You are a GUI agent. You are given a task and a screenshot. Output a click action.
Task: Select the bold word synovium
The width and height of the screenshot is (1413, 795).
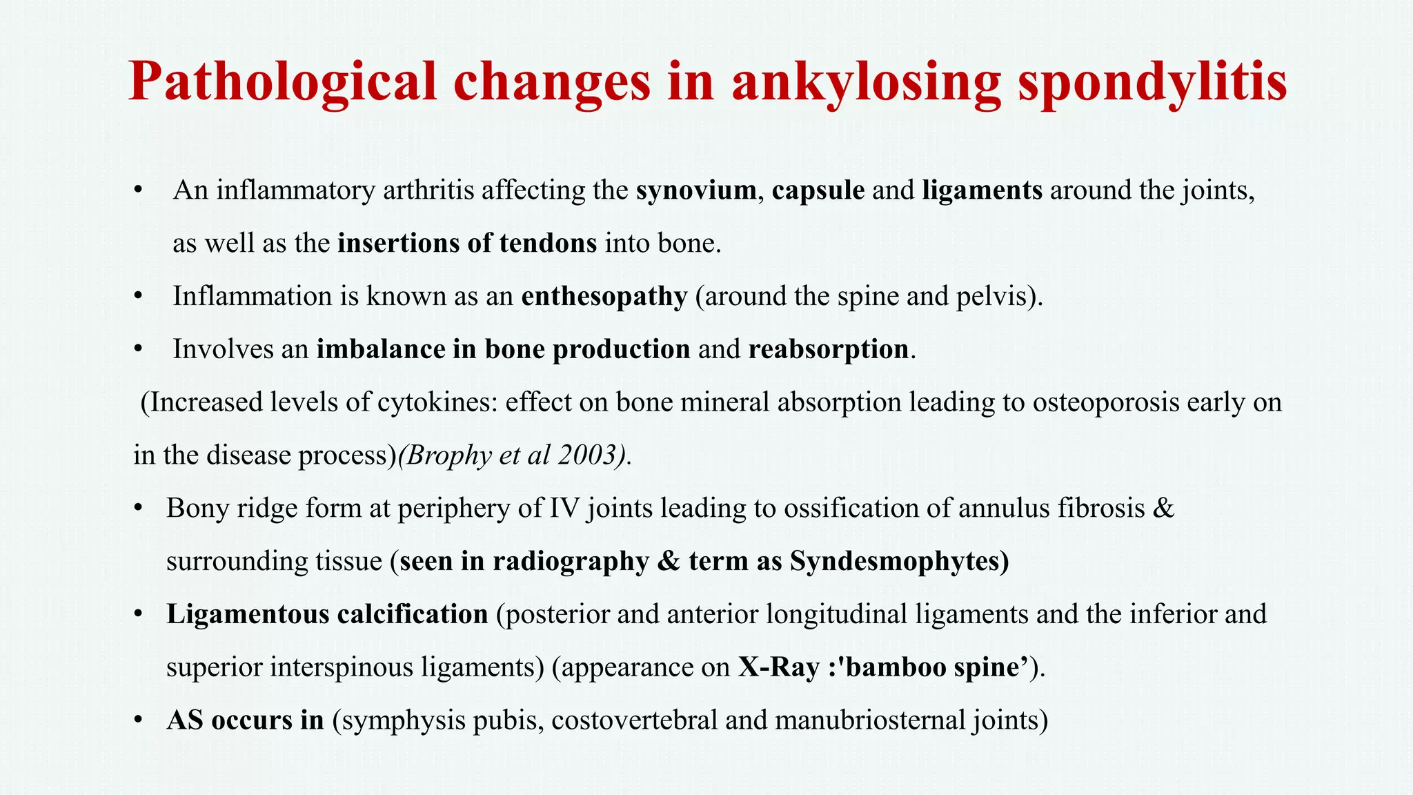696,190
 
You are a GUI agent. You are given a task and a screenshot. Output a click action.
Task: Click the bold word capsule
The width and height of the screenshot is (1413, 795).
818,190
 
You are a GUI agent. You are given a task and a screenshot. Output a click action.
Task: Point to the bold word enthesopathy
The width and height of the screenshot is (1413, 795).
604,296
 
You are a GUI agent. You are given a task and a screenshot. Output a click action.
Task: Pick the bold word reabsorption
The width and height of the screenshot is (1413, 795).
829,349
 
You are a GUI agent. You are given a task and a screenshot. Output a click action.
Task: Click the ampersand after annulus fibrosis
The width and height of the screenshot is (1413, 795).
1163,509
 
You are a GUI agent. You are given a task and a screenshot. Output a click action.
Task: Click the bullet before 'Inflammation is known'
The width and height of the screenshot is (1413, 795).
139,297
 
